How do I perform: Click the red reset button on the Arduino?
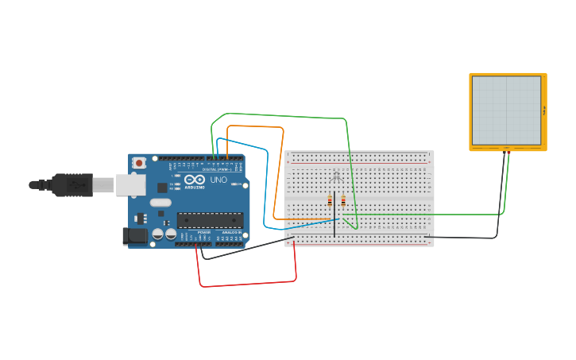(140, 163)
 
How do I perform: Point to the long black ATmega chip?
(208, 220)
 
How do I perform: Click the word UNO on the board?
(218, 180)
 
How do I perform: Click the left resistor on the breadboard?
(330, 201)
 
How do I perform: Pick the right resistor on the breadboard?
(342, 200)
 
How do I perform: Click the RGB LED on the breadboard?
(335, 176)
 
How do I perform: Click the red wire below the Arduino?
(246, 285)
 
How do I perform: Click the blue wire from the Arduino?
(267, 183)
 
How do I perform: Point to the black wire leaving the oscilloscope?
(501, 199)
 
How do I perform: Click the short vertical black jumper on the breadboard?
(334, 226)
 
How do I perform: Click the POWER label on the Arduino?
(204, 232)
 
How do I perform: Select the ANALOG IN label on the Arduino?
(232, 232)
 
